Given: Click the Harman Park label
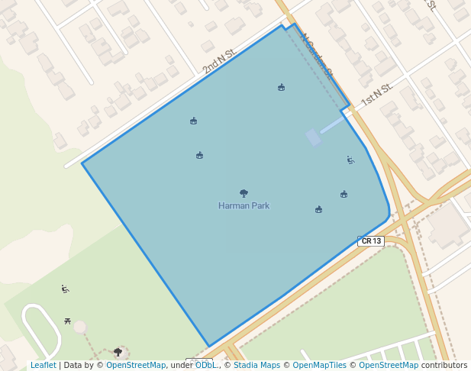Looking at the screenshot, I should [x=244, y=205].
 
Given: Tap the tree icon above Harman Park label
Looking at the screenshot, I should [x=244, y=193].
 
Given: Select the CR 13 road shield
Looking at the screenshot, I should [x=371, y=241].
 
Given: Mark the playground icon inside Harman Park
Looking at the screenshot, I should [x=350, y=160].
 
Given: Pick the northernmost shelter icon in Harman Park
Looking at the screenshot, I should [x=282, y=87].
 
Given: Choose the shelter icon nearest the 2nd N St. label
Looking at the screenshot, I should [x=193, y=121].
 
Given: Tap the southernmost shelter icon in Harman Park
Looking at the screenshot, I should [x=318, y=209].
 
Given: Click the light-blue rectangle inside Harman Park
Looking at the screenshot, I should [x=313, y=137].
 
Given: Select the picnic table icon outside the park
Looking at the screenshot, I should [x=69, y=321].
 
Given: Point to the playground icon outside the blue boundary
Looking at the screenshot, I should [x=66, y=289].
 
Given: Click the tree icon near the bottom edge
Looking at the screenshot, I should [x=118, y=352].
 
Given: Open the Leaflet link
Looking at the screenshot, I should [x=43, y=366].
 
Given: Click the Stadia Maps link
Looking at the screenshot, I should [x=256, y=366].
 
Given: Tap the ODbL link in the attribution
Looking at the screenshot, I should [x=206, y=366].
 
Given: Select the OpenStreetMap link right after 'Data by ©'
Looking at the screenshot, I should [x=135, y=366].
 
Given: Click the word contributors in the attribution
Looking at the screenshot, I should [x=444, y=366].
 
